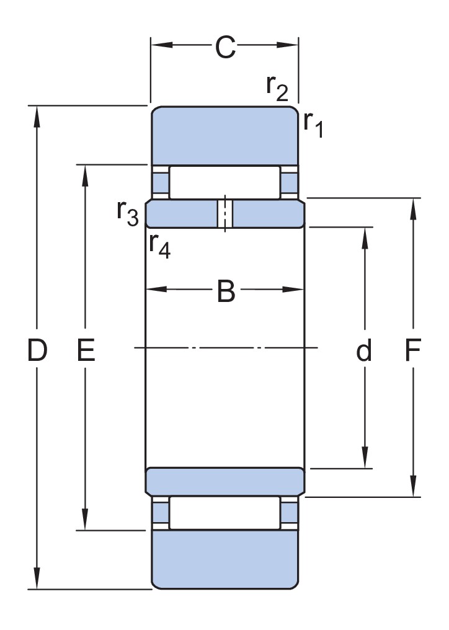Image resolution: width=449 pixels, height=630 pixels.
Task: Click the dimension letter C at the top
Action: (x=225, y=47)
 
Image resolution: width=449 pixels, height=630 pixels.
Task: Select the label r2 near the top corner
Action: (x=277, y=87)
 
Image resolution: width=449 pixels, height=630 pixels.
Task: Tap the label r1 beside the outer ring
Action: (x=313, y=124)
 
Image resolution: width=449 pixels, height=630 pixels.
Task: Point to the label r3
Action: (x=128, y=213)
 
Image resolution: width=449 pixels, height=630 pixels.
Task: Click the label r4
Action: (x=159, y=245)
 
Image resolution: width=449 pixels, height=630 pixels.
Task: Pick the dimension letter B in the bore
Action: (x=226, y=291)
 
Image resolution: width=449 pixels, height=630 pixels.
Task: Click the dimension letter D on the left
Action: (x=37, y=350)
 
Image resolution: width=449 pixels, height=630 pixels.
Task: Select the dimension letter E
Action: (x=86, y=350)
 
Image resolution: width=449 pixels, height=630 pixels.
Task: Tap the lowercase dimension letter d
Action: (x=364, y=350)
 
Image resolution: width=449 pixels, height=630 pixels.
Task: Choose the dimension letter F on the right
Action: (x=412, y=350)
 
